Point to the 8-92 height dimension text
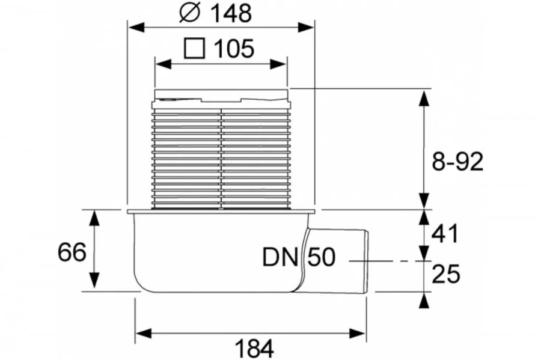[x=459, y=162]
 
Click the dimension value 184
[x=254, y=348]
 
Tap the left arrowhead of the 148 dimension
[x=133, y=27]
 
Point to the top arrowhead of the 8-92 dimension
[x=424, y=96]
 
